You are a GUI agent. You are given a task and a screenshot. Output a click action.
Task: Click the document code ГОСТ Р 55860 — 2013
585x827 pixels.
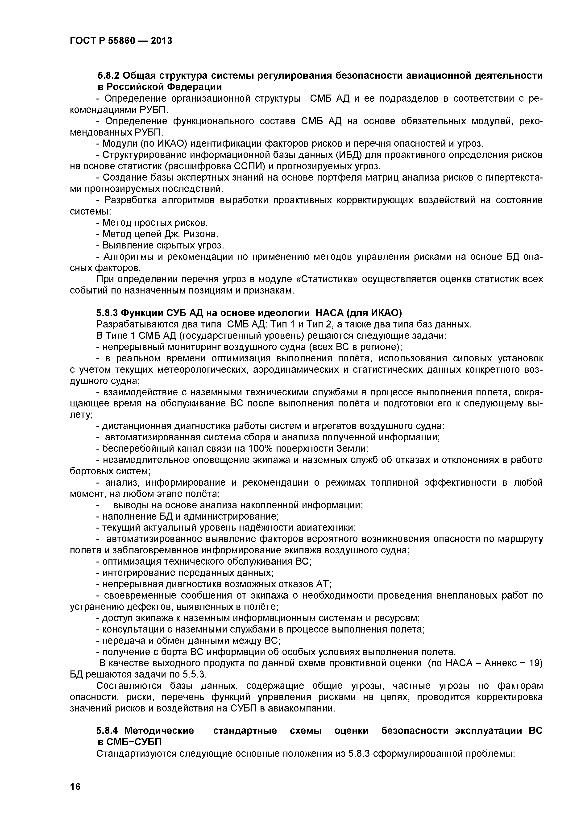(x=121, y=41)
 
